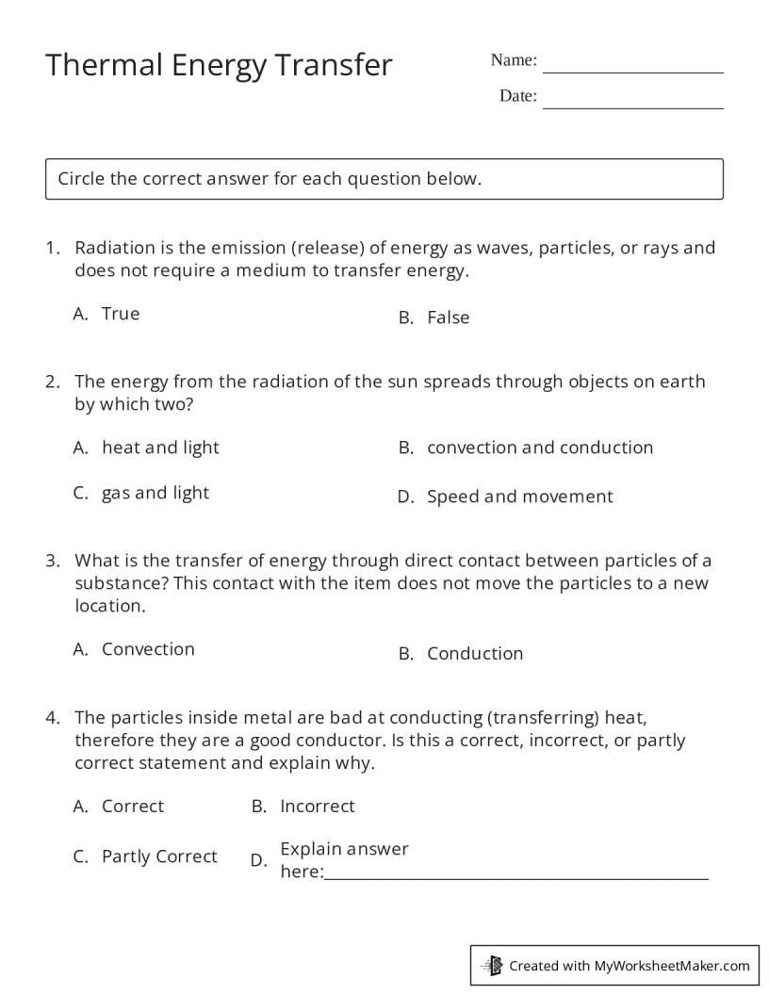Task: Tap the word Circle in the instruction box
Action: (x=82, y=178)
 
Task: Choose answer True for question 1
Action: (x=121, y=314)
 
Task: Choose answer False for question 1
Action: (x=448, y=318)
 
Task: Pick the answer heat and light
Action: (x=160, y=448)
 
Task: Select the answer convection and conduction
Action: (x=539, y=448)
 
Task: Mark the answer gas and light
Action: (x=155, y=493)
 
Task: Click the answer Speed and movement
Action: (x=519, y=497)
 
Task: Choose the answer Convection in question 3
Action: (x=148, y=649)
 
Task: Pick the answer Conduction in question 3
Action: (x=474, y=654)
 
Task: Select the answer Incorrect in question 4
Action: (x=317, y=807)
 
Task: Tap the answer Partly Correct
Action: (x=159, y=856)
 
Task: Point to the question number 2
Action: (x=53, y=382)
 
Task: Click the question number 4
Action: (x=53, y=717)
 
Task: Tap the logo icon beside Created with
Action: (x=492, y=965)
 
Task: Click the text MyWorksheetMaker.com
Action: (x=672, y=965)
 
